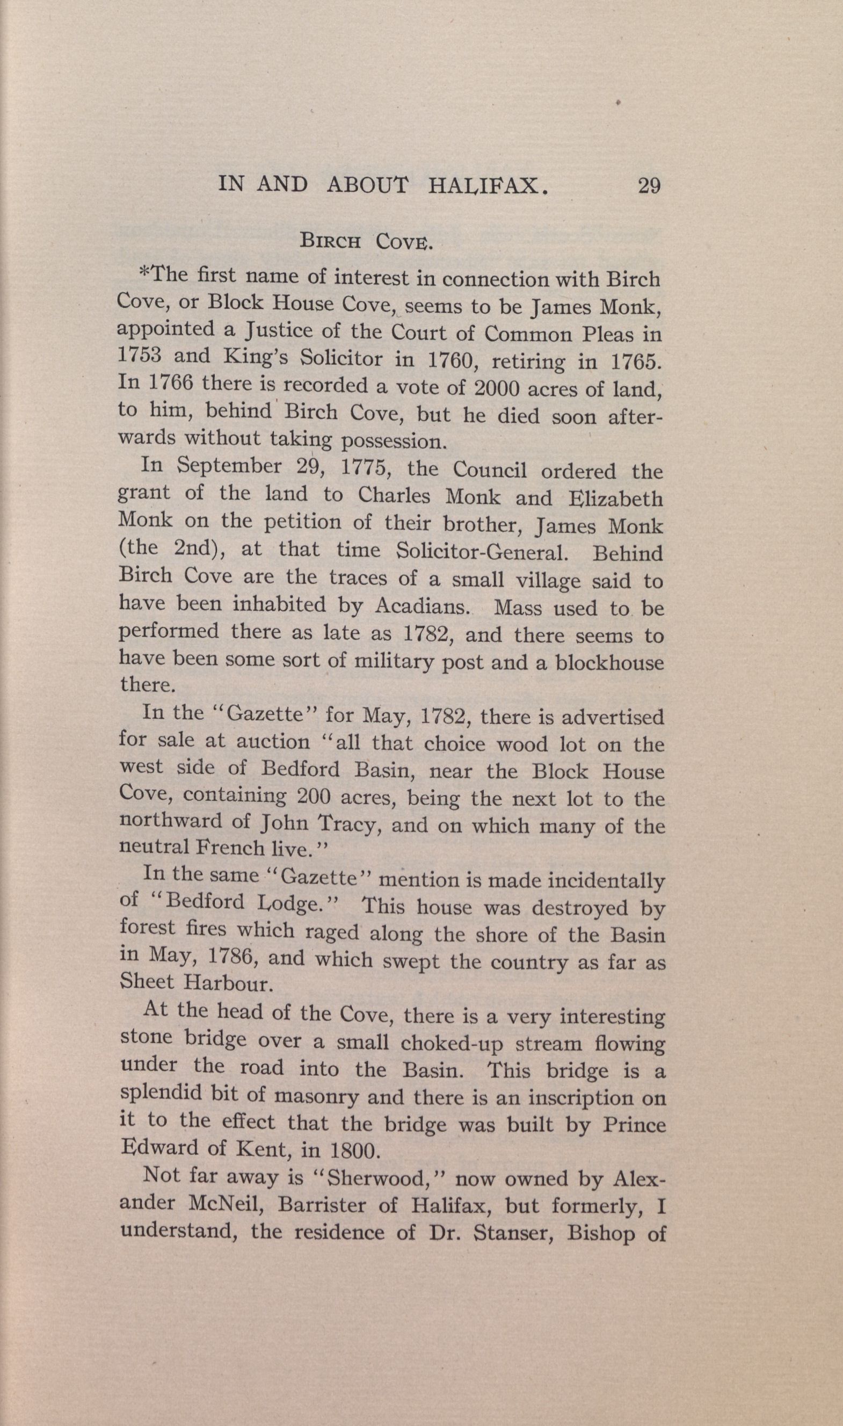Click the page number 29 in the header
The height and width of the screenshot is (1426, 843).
point(649,186)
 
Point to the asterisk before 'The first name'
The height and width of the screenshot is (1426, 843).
point(144,274)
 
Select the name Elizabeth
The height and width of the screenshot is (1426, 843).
point(615,498)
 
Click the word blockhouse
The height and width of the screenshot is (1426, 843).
point(609,663)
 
